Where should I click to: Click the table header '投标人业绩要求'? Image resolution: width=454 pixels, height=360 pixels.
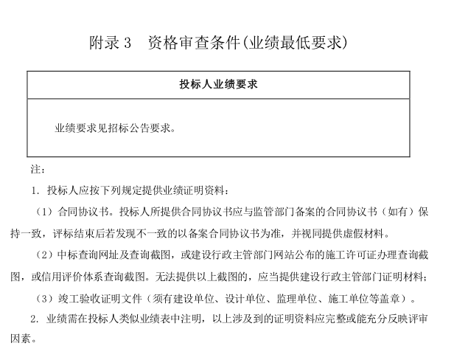point(218,84)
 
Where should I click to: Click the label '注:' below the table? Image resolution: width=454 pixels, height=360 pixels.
point(38,170)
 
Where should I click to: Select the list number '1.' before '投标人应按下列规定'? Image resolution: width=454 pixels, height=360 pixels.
point(35,191)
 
